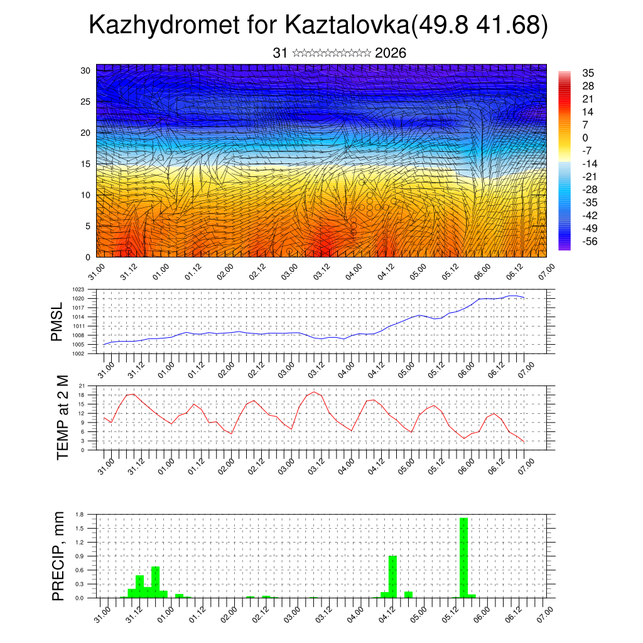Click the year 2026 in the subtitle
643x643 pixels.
[391, 53]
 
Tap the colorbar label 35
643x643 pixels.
[588, 73]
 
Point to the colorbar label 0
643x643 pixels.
[585, 138]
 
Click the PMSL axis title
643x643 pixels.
[57, 321]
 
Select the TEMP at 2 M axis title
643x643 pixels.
[62, 418]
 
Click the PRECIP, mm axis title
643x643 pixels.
[58, 555]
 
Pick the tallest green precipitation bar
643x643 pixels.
[463, 558]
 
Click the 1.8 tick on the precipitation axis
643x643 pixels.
[80, 514]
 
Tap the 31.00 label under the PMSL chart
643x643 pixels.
[106, 364]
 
